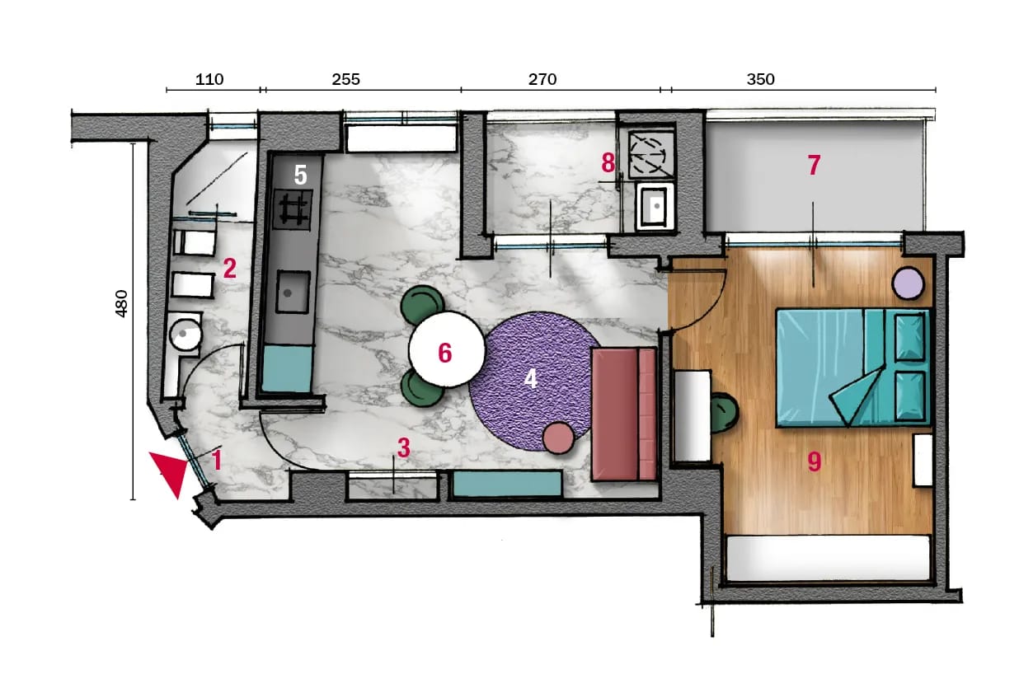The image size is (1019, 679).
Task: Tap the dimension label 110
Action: (x=209, y=80)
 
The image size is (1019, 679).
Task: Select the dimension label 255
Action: (x=345, y=80)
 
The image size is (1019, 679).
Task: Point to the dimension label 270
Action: (x=542, y=80)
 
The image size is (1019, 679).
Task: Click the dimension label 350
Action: (x=761, y=80)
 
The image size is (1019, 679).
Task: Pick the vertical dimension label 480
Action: (x=121, y=303)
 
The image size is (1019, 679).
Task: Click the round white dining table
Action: (x=447, y=349)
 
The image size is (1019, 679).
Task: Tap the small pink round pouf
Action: (x=559, y=438)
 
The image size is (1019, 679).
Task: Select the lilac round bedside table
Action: (x=908, y=283)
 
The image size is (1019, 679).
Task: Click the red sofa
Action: (x=624, y=414)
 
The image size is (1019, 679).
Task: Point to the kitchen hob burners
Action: (x=293, y=209)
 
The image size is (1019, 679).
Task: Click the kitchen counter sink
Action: (x=293, y=292)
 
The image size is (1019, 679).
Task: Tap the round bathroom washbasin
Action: (x=185, y=335)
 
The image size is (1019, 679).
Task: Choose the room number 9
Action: (x=815, y=461)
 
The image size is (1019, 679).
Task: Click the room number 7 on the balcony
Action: (x=814, y=165)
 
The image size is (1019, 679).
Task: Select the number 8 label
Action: (x=608, y=163)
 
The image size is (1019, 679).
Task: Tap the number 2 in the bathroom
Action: (x=230, y=269)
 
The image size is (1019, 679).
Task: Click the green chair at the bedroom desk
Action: (x=724, y=413)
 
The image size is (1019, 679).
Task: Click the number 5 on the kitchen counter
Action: (x=300, y=175)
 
